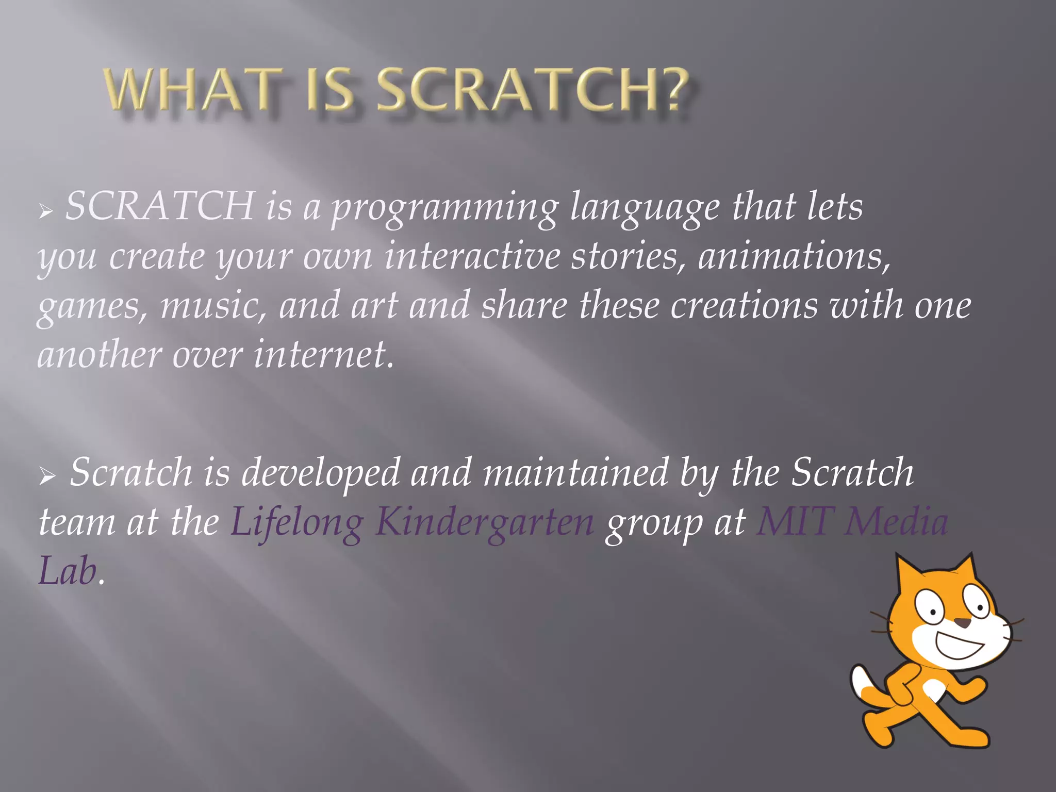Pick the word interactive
472,256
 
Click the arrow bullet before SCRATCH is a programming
46,210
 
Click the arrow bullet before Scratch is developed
47,476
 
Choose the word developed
320,473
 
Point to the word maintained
575,472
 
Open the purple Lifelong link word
296,523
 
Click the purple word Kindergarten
484,523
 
